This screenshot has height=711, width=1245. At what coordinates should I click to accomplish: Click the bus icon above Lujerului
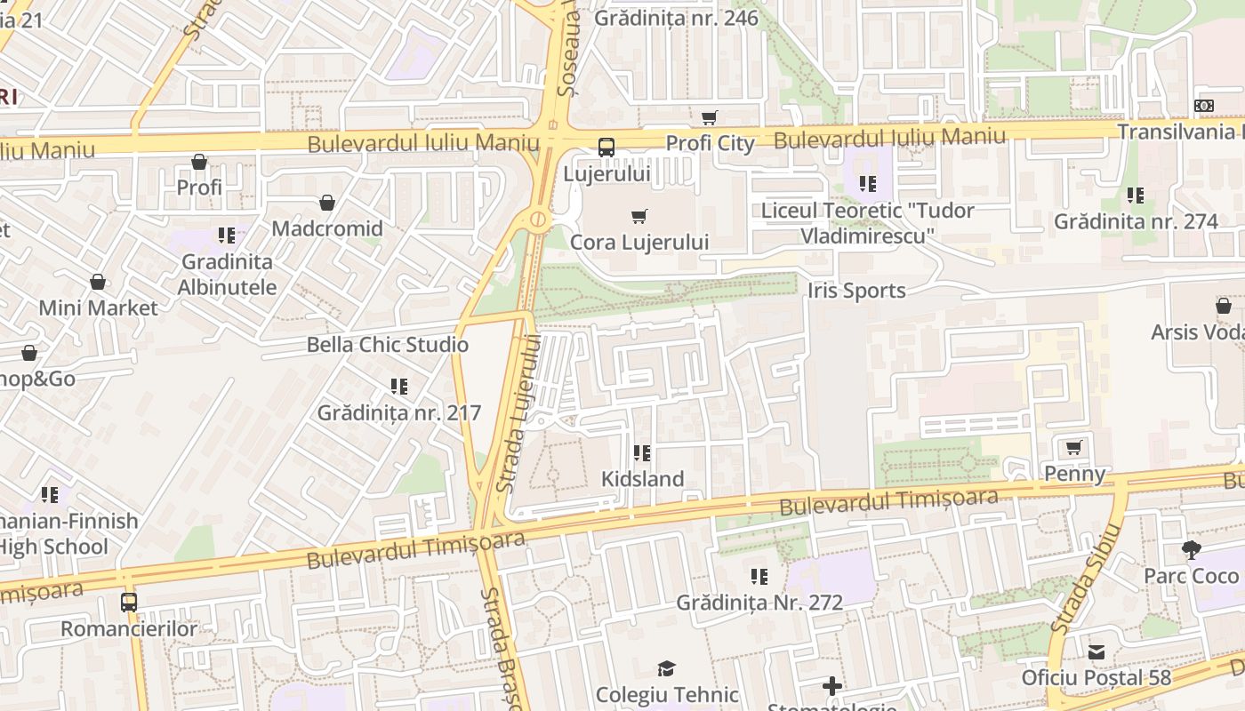point(606,148)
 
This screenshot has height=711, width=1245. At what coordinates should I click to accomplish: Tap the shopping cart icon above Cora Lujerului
point(639,216)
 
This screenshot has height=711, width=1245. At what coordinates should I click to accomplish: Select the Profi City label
point(710,143)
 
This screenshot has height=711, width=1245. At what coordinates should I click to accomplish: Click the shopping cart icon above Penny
point(1073,448)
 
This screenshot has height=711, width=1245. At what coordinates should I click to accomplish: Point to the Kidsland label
point(642,479)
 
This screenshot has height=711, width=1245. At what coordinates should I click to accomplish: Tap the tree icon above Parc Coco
point(1191,550)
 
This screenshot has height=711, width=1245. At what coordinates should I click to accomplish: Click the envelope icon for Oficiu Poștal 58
point(1096,653)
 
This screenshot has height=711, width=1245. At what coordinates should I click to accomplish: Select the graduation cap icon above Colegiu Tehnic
point(666,669)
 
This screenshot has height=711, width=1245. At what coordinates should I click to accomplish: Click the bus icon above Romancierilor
point(129,603)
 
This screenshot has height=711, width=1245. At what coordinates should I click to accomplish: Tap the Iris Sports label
point(856,291)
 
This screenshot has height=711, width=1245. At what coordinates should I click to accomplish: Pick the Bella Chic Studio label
point(388,345)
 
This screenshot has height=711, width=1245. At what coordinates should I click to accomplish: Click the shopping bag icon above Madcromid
point(327,204)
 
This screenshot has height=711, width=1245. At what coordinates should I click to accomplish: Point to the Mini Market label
point(98,308)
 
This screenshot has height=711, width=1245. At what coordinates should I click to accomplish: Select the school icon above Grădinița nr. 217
point(399,387)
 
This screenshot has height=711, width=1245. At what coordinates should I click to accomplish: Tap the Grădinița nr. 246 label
point(676,18)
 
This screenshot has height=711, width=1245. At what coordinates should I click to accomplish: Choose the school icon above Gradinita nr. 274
point(1136,196)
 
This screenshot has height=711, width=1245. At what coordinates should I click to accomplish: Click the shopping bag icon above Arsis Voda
point(1224,307)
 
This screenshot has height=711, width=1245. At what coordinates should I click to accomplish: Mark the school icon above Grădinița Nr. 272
point(759,577)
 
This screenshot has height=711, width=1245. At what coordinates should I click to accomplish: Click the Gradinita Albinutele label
point(227,275)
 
